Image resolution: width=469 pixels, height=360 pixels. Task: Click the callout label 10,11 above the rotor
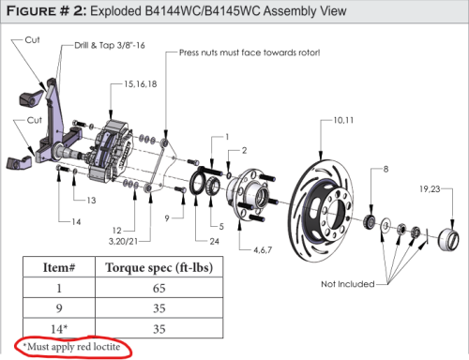click(x=343, y=121)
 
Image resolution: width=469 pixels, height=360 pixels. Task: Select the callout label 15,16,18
click(x=141, y=84)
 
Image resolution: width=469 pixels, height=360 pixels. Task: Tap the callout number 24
click(x=214, y=241)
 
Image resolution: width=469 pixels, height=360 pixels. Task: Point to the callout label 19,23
click(x=430, y=189)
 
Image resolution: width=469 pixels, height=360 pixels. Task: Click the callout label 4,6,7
click(x=263, y=250)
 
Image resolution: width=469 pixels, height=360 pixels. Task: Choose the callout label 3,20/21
click(x=123, y=242)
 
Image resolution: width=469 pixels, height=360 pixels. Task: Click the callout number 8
click(x=386, y=169)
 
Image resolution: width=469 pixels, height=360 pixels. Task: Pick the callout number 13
click(x=91, y=201)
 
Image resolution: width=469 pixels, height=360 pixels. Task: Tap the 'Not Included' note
click(x=348, y=284)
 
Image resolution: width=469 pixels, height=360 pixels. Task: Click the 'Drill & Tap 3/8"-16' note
click(x=110, y=46)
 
